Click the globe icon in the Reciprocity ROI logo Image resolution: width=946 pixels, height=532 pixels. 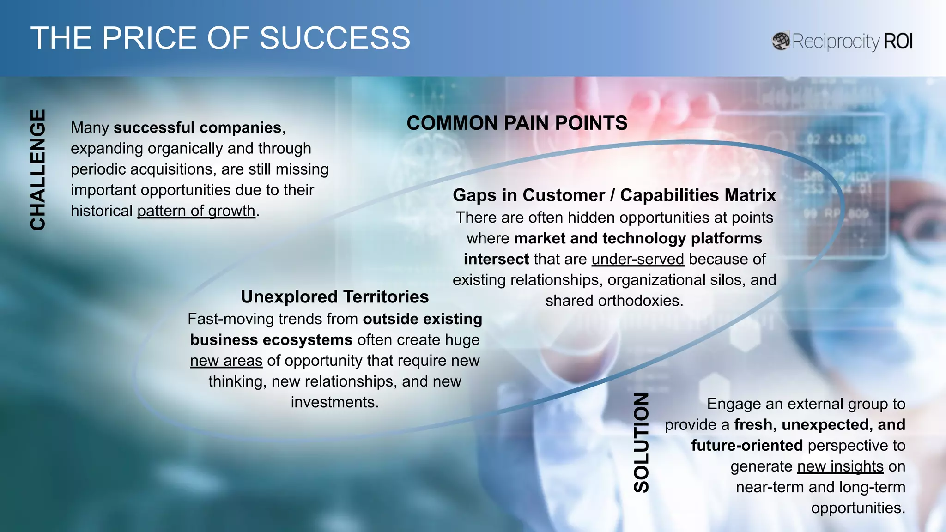pos(781,41)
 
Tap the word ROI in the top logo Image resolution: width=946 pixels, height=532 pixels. pos(898,41)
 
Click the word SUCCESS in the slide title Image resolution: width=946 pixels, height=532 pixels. pos(334,38)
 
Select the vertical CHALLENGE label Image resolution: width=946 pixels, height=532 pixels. pos(38,170)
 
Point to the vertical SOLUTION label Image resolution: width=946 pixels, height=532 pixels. pos(641,442)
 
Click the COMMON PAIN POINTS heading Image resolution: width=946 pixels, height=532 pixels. pos(516,123)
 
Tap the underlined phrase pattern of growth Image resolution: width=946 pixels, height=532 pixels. pos(196,211)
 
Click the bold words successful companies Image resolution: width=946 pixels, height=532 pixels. pos(198,127)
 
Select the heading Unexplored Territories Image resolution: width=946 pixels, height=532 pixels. pos(334,296)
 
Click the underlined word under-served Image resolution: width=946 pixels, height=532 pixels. pos(637,259)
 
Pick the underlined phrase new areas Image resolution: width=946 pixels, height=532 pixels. pos(226,361)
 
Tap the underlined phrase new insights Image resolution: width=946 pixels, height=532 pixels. pos(840,466)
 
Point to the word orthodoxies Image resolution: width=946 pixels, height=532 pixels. pos(640,301)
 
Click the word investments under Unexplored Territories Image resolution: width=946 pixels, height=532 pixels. pos(334,402)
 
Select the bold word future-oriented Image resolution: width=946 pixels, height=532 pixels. pos(746,446)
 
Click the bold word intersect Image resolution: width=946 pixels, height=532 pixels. pos(496,259)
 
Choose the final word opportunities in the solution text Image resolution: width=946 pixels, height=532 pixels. pos(857,508)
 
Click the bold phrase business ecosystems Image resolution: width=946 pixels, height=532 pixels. pos(271,340)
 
